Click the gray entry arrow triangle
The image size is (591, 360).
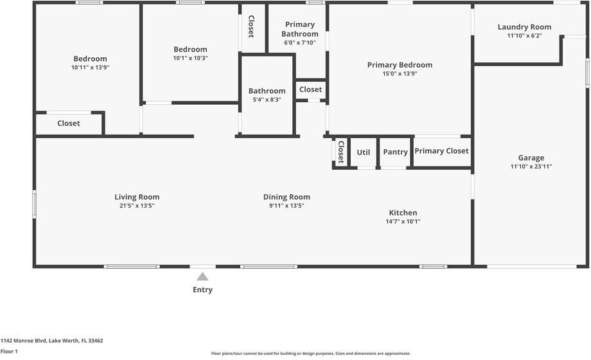202,276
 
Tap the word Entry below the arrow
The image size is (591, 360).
202,289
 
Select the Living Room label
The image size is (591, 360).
137,197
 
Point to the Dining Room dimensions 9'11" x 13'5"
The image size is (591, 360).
287,206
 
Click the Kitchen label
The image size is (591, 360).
403,213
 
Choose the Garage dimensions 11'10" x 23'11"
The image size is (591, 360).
531,166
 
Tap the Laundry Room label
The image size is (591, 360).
524,27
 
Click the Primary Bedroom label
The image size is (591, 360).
400,65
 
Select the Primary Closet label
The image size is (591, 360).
441,151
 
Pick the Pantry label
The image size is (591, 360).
395,152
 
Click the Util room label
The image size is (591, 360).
364,152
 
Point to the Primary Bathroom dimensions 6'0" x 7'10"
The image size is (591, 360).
300,43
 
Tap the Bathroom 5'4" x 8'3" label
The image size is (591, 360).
267,91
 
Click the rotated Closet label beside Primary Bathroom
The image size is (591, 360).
251,26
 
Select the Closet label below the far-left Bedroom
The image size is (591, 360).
69,123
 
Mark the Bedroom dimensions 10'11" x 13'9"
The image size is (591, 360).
90,67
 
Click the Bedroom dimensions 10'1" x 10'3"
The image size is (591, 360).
190,58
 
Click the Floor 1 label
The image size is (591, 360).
9,351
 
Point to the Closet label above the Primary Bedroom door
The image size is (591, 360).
310,89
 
